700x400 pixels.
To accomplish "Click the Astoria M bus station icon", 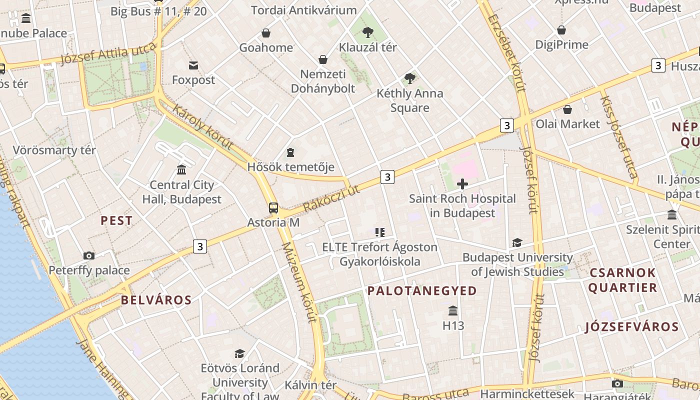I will coord(273,208).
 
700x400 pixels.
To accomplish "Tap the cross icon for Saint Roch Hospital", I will coord(462,184).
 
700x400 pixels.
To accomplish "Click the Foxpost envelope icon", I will coord(193,65).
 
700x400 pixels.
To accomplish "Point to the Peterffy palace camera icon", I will coord(89,256).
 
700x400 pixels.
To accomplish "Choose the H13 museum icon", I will coord(453,311).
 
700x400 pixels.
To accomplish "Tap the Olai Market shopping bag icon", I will coord(567,109).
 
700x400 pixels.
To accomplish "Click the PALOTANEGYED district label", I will coord(422,291).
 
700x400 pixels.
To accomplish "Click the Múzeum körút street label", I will coord(299,282).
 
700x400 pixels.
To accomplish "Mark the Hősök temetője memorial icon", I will coord(290,152).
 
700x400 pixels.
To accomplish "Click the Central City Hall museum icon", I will coord(181,170).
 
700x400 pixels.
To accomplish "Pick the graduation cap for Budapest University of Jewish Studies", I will coord(517,243).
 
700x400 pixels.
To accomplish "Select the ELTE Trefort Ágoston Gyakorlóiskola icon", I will coord(380,232).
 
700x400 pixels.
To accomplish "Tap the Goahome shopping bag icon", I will coord(266,33).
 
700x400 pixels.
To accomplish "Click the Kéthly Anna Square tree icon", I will coord(409,78).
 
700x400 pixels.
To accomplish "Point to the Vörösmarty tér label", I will coord(54,150).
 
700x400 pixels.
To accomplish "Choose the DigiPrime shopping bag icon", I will coord(561,30).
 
